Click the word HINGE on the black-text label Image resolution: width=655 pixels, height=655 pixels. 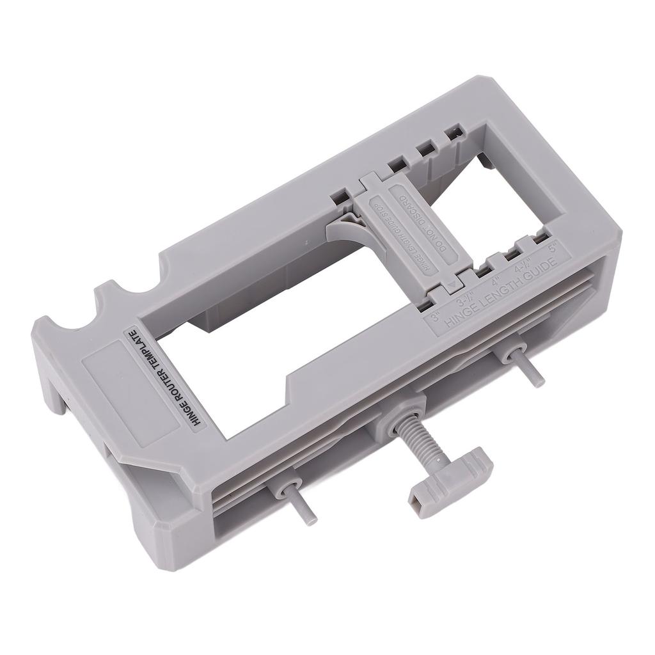coord(186,412)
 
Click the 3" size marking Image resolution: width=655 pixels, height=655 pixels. coord(436,315)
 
